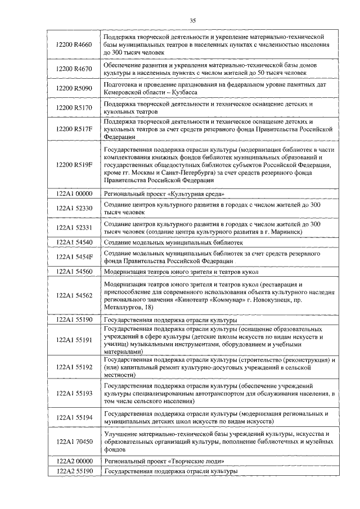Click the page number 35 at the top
[x=192, y=20]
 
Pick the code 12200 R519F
[x=74, y=165]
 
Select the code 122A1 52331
[x=74, y=228]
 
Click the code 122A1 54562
[x=74, y=296]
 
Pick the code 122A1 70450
[x=74, y=442]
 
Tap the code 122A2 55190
[x=74, y=471]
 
